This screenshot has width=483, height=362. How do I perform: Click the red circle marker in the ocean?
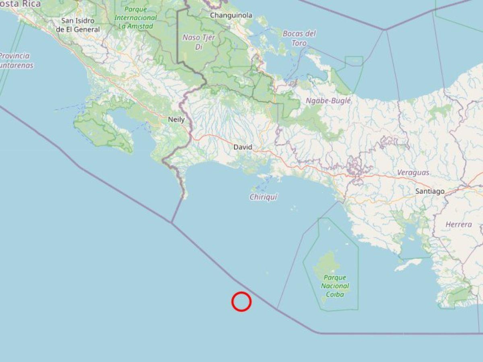coord(242,302)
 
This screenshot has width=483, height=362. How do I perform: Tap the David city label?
coord(243,147)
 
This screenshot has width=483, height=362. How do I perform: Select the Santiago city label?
coord(430,191)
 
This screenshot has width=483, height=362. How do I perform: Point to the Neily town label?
coord(176,119)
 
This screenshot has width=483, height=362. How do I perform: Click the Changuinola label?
coord(231,15)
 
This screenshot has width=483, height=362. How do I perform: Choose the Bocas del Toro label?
coord(299,38)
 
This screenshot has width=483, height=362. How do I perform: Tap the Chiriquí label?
coord(264,197)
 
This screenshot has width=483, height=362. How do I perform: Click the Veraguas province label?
coord(413,173)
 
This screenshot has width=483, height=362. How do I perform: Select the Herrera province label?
coord(458,224)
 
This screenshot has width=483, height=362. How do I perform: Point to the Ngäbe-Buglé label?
coord(328,101)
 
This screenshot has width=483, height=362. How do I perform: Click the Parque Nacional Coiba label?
coord(335,286)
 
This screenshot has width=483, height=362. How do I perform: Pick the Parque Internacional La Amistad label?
coord(135,18)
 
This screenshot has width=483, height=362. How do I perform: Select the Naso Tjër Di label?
coord(199,42)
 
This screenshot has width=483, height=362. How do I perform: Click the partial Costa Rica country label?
coord(20,4)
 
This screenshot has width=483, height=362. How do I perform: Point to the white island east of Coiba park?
coord(409,265)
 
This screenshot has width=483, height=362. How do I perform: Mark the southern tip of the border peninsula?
coord(184,197)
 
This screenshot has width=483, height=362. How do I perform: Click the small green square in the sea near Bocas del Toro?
coord(354,61)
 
